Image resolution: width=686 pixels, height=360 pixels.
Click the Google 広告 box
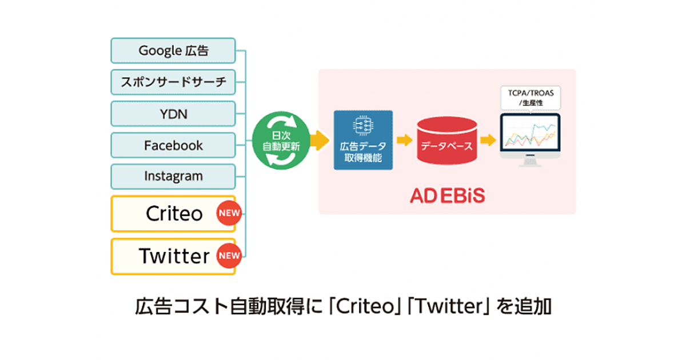pyautogui.click(x=173, y=51)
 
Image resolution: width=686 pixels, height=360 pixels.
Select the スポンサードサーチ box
pyautogui.click(x=173, y=82)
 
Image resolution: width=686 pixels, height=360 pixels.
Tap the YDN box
pyautogui.click(x=173, y=114)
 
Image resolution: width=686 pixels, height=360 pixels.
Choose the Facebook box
pyautogui.click(x=173, y=145)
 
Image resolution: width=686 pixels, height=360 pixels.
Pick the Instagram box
pyautogui.click(x=173, y=176)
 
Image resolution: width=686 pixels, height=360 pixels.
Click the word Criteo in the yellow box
pyautogui.click(x=174, y=214)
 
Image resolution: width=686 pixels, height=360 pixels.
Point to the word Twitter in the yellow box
pyautogui.click(x=174, y=256)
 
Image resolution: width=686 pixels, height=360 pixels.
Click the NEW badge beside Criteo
pyautogui.click(x=229, y=214)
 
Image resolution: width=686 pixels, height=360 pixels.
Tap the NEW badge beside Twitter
pyautogui.click(x=229, y=256)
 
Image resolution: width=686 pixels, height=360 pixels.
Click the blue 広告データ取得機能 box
pyautogui.click(x=364, y=140)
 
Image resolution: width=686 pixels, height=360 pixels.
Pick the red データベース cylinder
pyautogui.click(x=446, y=141)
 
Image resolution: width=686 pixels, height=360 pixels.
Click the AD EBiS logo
pyautogui.click(x=446, y=195)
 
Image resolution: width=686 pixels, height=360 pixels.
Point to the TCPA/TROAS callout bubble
pyautogui.click(x=530, y=98)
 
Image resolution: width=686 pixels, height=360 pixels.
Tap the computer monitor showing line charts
pyautogui.click(x=530, y=137)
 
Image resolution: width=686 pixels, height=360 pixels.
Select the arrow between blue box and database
pyautogui.click(x=405, y=140)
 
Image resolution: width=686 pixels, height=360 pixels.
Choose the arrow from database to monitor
pyautogui.click(x=488, y=140)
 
